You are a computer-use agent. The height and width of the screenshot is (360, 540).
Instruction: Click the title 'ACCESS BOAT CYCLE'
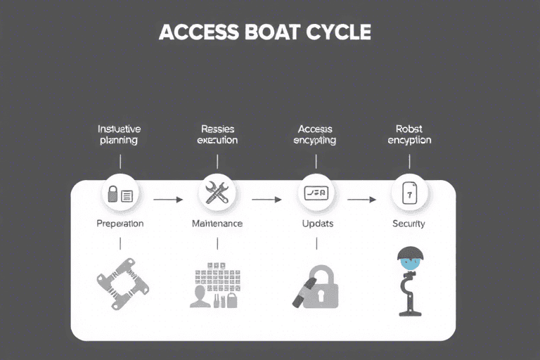(x=264, y=32)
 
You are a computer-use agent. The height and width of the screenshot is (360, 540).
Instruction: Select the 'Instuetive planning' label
(x=119, y=134)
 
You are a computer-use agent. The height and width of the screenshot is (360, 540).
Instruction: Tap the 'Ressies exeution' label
(x=217, y=134)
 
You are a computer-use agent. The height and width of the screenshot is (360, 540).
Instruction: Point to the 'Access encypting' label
(x=315, y=134)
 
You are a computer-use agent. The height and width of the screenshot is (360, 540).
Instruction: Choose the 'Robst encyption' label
(x=409, y=134)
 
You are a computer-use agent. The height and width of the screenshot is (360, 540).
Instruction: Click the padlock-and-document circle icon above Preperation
(x=121, y=194)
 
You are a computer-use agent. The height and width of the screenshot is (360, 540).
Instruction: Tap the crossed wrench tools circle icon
(x=217, y=193)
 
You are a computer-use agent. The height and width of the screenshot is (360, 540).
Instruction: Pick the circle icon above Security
(x=409, y=193)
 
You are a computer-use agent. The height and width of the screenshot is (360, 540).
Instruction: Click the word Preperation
(x=120, y=224)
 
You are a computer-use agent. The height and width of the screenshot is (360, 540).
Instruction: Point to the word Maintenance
(x=217, y=224)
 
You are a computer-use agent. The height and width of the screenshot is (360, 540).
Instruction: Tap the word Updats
(x=316, y=224)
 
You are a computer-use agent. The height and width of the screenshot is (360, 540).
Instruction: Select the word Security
(x=409, y=224)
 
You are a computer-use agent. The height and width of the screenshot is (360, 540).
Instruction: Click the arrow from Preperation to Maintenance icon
(x=168, y=200)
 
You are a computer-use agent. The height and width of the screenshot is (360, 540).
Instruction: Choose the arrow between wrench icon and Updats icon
(x=266, y=200)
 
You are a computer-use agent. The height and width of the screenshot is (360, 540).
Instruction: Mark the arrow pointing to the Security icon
(x=362, y=200)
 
